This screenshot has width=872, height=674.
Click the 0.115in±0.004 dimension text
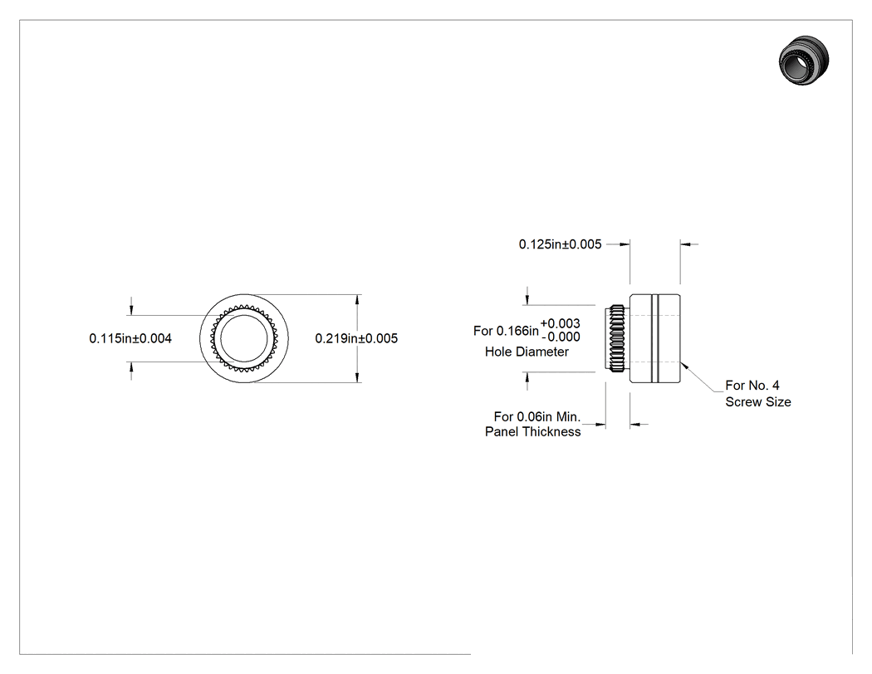tap(130, 338)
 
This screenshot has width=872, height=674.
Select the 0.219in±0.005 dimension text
tap(356, 338)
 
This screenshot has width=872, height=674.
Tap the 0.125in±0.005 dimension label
tap(560, 244)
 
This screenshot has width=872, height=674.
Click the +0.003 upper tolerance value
tap(560, 323)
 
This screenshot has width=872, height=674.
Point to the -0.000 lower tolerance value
tap(561, 337)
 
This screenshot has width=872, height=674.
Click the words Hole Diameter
tap(527, 352)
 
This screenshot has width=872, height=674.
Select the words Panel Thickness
tap(533, 432)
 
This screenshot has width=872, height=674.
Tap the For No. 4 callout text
tap(752, 385)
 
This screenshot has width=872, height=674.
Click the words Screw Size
tap(758, 402)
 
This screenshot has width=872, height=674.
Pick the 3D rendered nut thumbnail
tap(804, 60)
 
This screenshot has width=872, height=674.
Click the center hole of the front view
tap(243, 338)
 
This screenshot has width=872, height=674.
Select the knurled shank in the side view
tap(617, 338)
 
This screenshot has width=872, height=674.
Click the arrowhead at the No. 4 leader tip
tap(684, 365)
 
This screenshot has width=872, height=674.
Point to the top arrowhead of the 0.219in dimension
tap(357, 299)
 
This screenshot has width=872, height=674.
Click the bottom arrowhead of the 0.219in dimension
tap(357, 377)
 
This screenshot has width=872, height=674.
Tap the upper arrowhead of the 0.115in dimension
tap(131, 310)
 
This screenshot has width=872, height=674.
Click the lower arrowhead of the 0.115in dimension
tap(131, 367)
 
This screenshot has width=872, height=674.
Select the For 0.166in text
tap(506, 331)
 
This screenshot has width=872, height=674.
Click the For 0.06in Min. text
tap(537, 417)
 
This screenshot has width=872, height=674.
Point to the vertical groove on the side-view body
tap(655, 338)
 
